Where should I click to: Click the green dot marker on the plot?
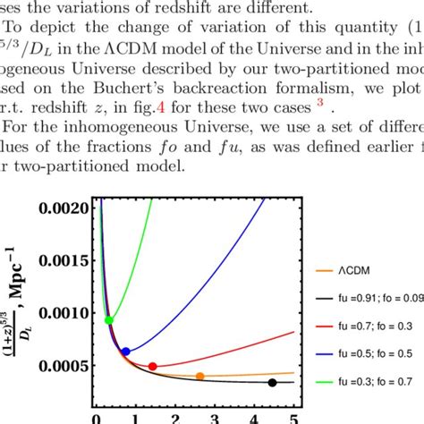109,319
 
